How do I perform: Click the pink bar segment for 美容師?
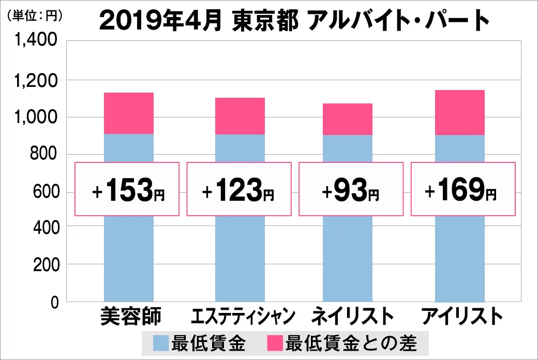click(129, 113)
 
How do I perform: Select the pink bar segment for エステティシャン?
click(240, 116)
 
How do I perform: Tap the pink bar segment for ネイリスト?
click(348, 119)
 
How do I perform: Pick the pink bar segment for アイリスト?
click(460, 112)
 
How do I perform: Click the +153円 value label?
click(127, 189)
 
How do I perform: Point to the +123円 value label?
click(238, 189)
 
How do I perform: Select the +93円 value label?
click(351, 189)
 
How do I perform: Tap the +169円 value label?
click(463, 189)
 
